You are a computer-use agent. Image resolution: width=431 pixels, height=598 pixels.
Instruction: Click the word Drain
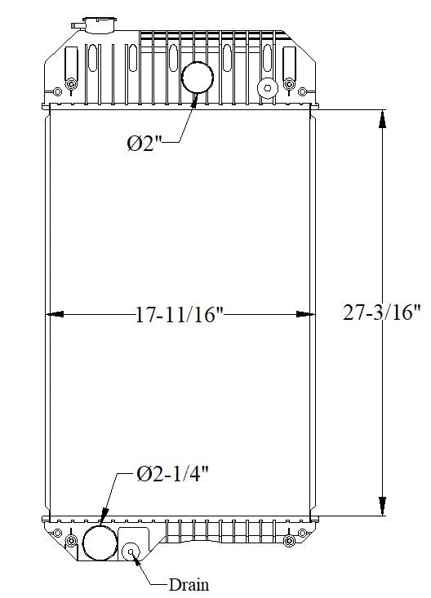pos(189,584)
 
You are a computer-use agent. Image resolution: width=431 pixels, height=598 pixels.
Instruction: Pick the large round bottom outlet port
pos(100,541)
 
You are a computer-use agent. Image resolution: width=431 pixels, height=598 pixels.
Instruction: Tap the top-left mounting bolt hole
pos(71,85)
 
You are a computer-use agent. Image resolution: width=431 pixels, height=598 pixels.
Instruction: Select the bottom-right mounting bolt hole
pos(303,534)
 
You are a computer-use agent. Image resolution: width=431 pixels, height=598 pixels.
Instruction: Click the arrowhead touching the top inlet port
pos(195,100)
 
